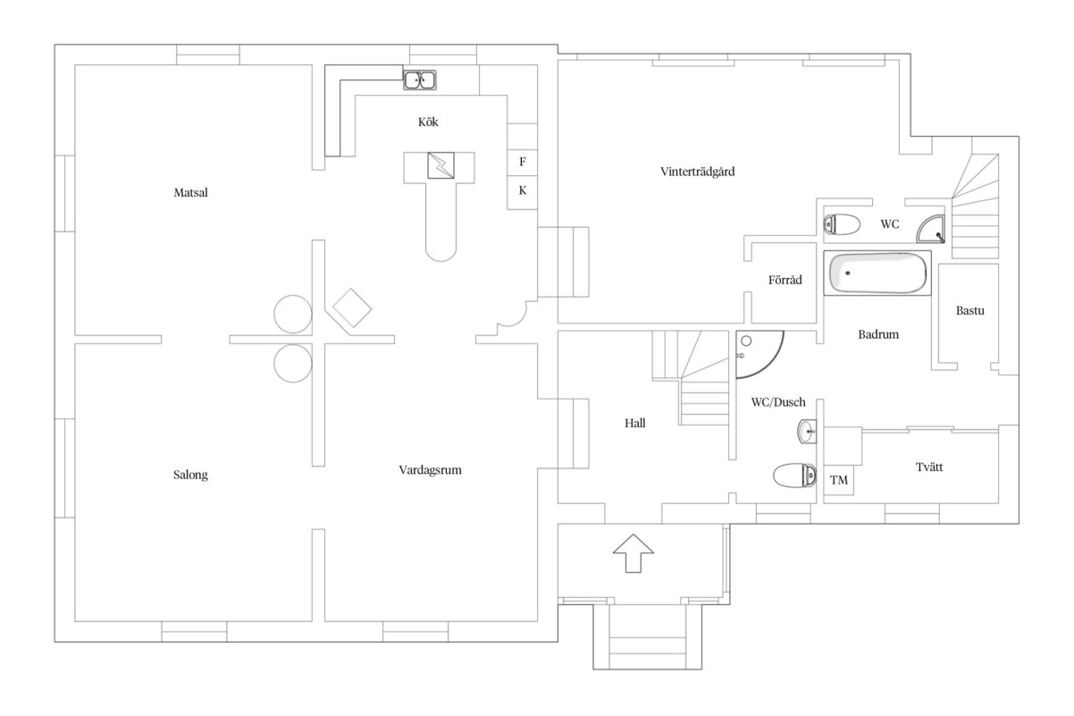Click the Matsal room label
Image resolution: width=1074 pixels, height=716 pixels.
pyautogui.click(x=191, y=192)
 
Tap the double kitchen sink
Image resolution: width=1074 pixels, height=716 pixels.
pyautogui.click(x=419, y=80)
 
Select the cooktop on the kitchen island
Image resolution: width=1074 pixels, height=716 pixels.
pyautogui.click(x=441, y=165)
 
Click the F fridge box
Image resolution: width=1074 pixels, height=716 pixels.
pyautogui.click(x=523, y=162)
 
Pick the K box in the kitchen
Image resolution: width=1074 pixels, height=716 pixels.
pyautogui.click(x=523, y=190)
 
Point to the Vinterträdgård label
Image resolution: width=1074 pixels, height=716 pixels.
pyautogui.click(x=697, y=172)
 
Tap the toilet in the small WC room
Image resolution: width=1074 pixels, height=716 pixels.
pyautogui.click(x=841, y=224)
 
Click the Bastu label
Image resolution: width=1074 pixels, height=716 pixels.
pyautogui.click(x=969, y=311)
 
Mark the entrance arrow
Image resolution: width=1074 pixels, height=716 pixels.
pyautogui.click(x=633, y=552)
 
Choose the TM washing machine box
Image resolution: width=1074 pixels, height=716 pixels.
pyautogui.click(x=838, y=480)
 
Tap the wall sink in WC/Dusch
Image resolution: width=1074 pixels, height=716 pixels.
pyautogui.click(x=807, y=433)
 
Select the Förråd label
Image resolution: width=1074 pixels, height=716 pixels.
pyautogui.click(x=785, y=280)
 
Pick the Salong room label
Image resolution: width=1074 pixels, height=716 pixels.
pyautogui.click(x=191, y=475)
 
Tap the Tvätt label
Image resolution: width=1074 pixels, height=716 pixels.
pyautogui.click(x=927, y=466)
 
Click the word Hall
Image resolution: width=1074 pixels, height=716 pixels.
pyautogui.click(x=634, y=424)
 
